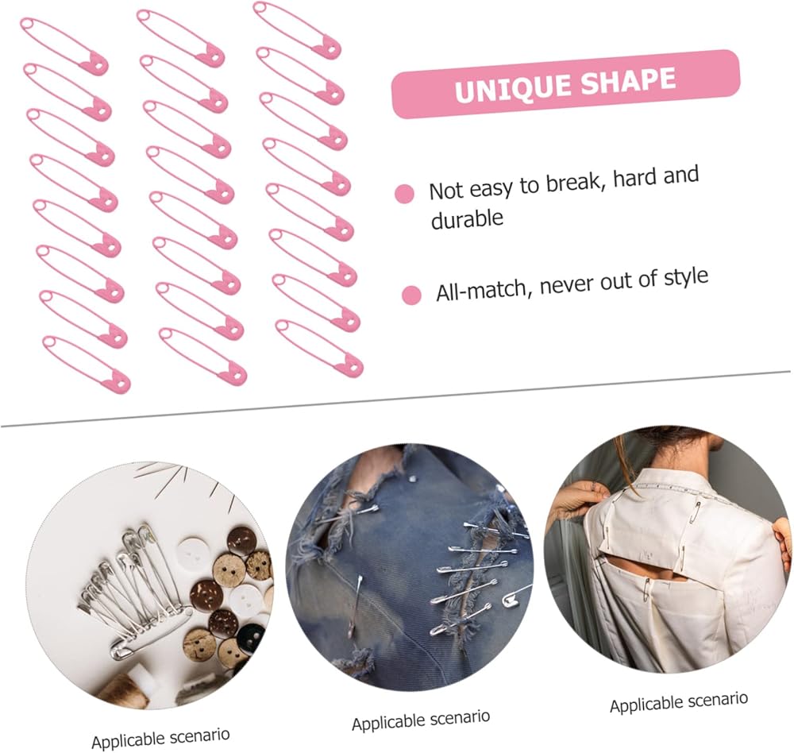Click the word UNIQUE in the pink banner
[x=513, y=88]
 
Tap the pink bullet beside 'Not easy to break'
[x=404, y=194]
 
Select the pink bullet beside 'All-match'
[x=411, y=295]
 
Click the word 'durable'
[x=467, y=219]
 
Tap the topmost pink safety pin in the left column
[x=65, y=47]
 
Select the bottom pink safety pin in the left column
[x=87, y=364]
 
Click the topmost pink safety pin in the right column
[x=297, y=30]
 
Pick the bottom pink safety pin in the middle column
[x=203, y=356]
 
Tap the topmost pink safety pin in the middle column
[x=181, y=38]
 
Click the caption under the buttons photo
[x=160, y=738]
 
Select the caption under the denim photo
[x=421, y=720]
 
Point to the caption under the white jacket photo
[x=679, y=702]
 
